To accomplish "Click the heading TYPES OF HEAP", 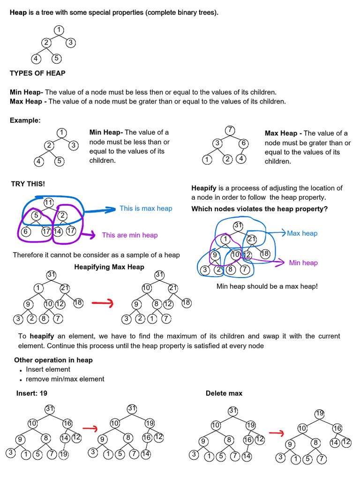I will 37,73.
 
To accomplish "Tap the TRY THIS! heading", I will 28,184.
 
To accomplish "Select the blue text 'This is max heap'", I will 146,209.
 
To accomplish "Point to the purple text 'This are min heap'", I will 130,235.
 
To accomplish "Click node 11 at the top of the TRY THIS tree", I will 49,202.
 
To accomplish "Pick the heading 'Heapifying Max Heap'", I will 109,267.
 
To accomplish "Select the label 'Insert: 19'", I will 32,393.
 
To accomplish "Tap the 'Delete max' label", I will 224,393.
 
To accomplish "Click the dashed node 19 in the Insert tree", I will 64,454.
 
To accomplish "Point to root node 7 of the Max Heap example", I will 230,131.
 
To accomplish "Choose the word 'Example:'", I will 25,120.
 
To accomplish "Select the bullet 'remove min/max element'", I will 65,379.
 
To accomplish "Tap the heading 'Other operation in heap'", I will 53,360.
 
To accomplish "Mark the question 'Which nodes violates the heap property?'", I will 260,209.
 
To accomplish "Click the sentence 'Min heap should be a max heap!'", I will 267,286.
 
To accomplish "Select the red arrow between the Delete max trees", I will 277,433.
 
